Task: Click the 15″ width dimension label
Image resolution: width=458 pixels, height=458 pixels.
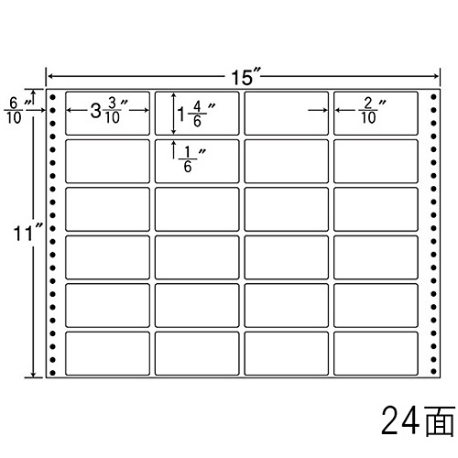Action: (245, 77)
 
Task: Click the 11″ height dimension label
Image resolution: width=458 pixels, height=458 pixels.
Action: (27, 233)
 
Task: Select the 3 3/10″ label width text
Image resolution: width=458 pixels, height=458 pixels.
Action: (109, 111)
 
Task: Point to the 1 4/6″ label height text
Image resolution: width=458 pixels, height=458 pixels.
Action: (196, 114)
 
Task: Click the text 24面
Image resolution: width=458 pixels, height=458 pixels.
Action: (418, 420)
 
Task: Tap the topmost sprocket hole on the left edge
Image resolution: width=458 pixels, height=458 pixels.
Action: (53, 97)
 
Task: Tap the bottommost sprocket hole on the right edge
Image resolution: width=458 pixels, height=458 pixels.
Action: (433, 372)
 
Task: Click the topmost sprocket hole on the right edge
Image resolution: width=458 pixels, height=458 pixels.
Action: (433, 97)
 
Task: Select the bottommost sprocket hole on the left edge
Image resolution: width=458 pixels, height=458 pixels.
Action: (53, 373)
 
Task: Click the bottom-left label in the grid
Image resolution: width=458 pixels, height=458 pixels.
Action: (107, 354)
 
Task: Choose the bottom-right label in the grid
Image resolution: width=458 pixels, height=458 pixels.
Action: (376, 354)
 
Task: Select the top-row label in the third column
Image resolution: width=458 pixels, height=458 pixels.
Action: (287, 114)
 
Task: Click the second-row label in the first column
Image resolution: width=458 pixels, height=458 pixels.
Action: (107, 161)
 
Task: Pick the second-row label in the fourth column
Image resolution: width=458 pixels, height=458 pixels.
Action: (376, 161)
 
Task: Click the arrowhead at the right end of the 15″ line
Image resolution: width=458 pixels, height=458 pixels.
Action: (437, 76)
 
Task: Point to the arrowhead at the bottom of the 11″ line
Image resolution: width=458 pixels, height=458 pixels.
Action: (34, 375)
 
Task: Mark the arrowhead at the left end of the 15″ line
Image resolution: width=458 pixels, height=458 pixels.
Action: (49, 76)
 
